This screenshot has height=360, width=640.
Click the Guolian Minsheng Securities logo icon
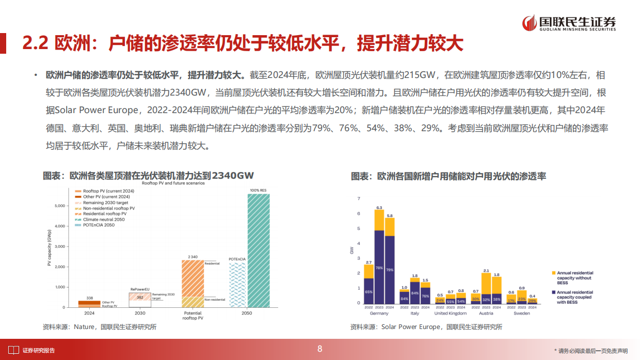click(529, 23)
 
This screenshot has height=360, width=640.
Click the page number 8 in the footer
click(319, 349)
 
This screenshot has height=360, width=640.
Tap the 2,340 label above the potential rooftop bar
click(193, 256)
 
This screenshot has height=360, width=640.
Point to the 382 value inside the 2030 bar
click(139, 298)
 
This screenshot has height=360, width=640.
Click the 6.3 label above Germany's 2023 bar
click(379, 208)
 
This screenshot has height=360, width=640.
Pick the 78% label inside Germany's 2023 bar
click(379, 268)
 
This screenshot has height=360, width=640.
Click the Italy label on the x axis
click(415, 313)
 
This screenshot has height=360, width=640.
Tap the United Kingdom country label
click(450, 313)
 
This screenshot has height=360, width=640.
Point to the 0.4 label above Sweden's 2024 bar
click(532, 296)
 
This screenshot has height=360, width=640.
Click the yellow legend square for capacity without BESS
click(554, 273)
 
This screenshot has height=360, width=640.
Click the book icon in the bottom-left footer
click(14, 350)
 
